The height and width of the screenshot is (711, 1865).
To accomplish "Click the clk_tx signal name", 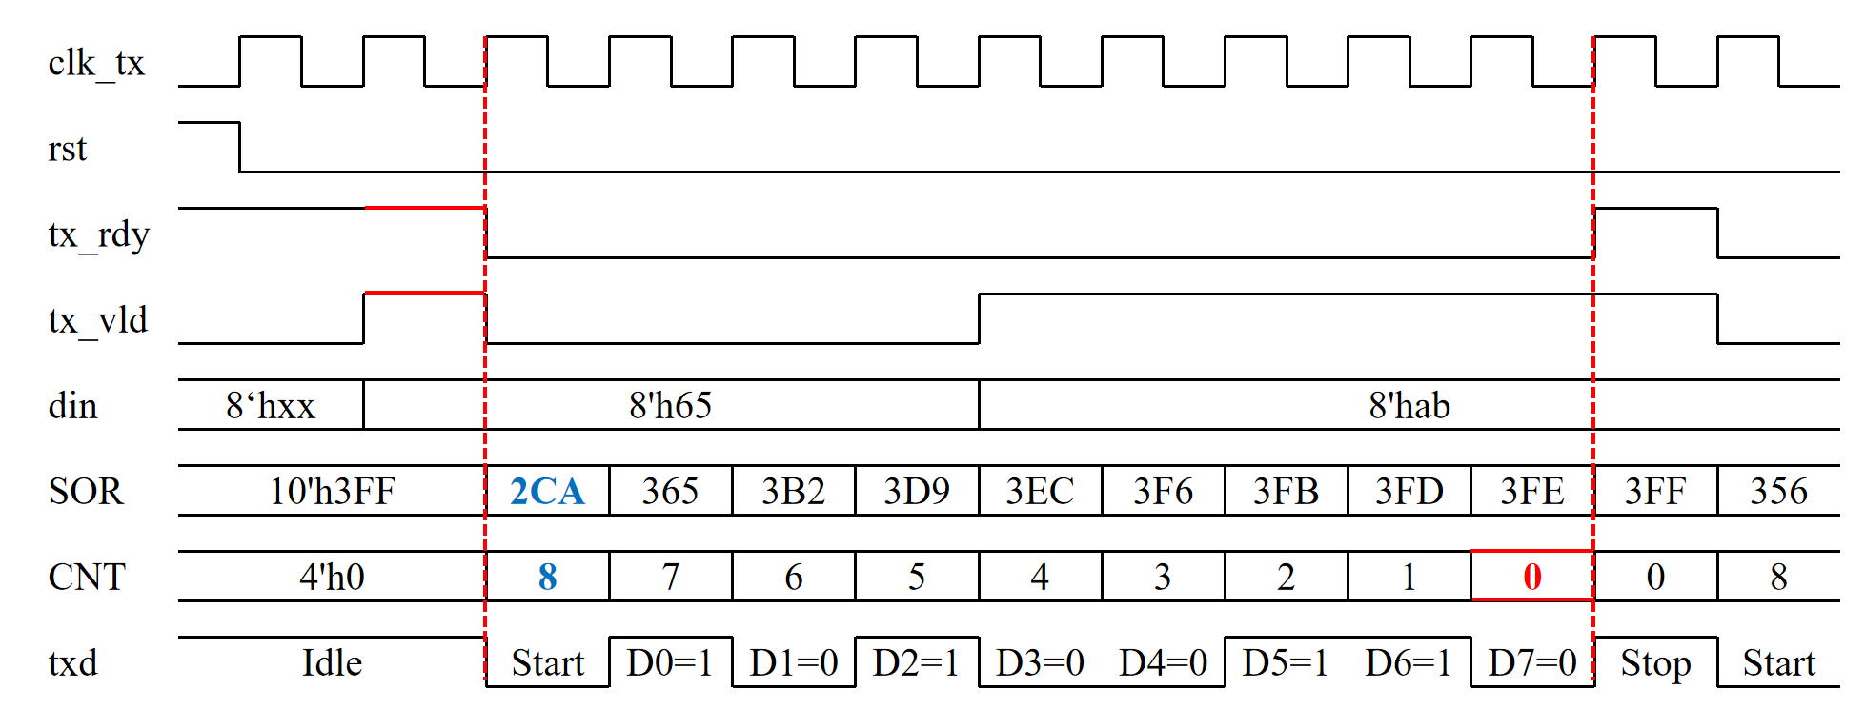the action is (x=96, y=64).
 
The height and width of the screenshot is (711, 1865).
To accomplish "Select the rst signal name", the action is (x=68, y=149).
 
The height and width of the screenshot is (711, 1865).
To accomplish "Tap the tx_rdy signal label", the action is (x=99, y=234).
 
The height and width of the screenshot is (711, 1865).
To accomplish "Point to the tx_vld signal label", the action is (x=98, y=320).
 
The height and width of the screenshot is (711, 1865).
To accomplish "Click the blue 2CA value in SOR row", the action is (x=547, y=491).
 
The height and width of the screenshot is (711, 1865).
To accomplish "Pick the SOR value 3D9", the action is (x=917, y=491).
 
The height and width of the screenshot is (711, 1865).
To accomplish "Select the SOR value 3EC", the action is (x=1040, y=491).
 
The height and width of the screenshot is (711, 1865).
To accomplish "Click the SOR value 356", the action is (x=1778, y=491).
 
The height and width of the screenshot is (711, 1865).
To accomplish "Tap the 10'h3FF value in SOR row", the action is (x=332, y=491).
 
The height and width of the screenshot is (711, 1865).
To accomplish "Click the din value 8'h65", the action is (x=671, y=406).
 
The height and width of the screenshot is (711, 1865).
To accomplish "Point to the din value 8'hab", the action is (x=1409, y=406).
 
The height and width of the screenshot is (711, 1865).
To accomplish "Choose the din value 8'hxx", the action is (x=271, y=406).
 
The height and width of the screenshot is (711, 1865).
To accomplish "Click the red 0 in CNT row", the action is (x=1532, y=577).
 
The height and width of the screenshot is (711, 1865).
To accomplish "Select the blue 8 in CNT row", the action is (x=547, y=577).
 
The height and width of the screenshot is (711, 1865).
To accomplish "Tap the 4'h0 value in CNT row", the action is (x=332, y=577).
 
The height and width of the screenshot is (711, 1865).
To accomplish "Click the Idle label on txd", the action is (x=332, y=662).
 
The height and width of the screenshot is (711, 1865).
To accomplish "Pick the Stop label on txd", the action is (x=1655, y=663).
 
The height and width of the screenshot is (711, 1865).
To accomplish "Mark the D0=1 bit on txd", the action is (x=670, y=662).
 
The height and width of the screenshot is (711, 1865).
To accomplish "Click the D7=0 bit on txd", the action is (x=1532, y=662).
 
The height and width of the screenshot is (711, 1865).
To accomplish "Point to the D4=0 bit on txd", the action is (x=1164, y=662).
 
